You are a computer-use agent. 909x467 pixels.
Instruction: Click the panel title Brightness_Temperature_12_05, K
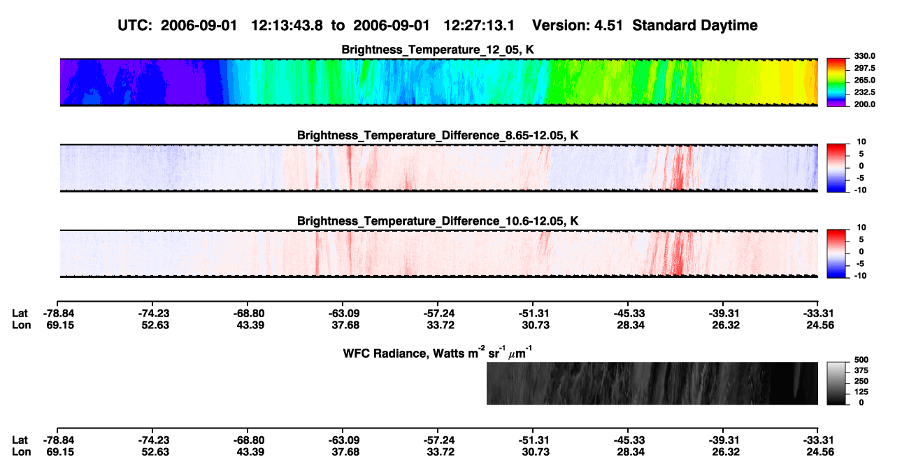[x=438, y=50]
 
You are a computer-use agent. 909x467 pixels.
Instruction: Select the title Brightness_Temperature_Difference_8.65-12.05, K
[x=438, y=135]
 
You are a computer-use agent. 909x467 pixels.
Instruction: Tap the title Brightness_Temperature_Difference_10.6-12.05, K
[x=438, y=221]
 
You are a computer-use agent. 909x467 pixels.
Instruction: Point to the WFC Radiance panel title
[x=438, y=352]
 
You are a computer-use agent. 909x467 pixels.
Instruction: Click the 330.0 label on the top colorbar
[x=864, y=56]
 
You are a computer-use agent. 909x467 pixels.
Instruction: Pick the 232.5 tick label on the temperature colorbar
[x=864, y=92]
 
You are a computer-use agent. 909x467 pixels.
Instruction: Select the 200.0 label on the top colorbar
[x=864, y=104]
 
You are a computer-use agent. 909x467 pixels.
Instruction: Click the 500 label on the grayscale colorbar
[x=861, y=360]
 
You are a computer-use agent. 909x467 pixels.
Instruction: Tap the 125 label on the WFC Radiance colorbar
[x=861, y=392]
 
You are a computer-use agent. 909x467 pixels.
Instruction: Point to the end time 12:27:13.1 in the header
[x=479, y=26]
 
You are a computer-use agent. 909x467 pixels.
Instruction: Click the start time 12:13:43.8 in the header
[x=287, y=26]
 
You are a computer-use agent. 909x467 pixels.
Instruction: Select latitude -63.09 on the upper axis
[x=345, y=314]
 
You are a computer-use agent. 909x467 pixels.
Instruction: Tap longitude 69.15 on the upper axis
[x=60, y=326]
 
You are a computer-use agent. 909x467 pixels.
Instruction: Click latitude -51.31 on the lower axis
[x=534, y=440]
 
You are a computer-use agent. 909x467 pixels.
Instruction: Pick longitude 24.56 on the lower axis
[x=820, y=452]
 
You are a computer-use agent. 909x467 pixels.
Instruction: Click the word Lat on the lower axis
[x=20, y=440]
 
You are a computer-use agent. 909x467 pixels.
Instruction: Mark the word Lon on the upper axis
[x=22, y=326]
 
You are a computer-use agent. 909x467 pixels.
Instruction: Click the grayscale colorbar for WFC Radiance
[x=836, y=383]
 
